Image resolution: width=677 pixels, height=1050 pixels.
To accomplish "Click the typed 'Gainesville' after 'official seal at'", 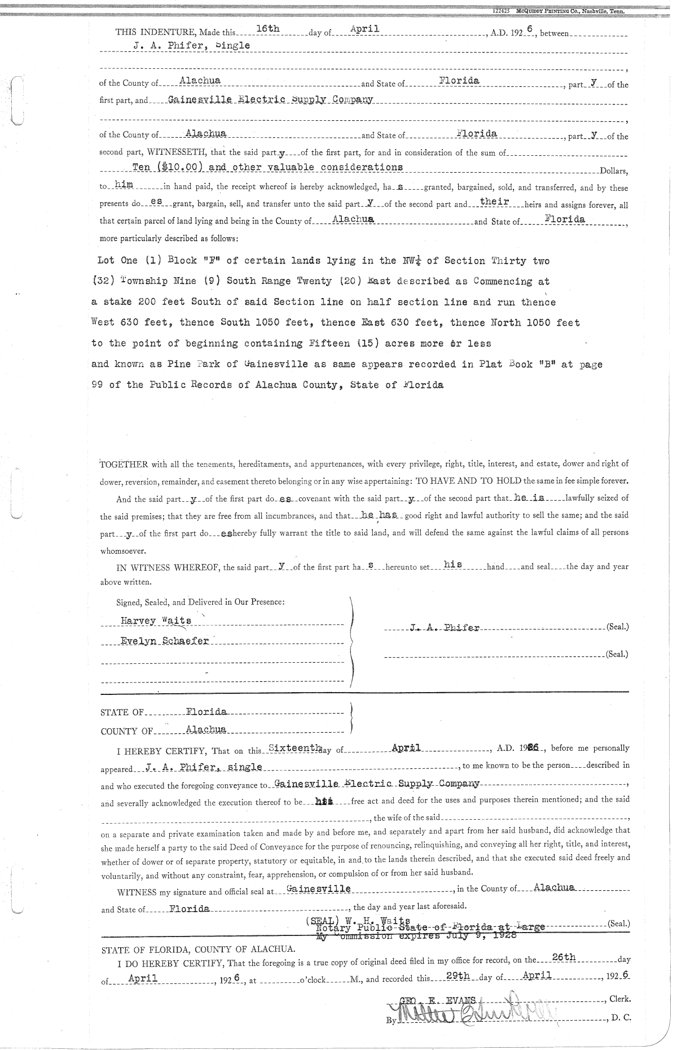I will [319, 889].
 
